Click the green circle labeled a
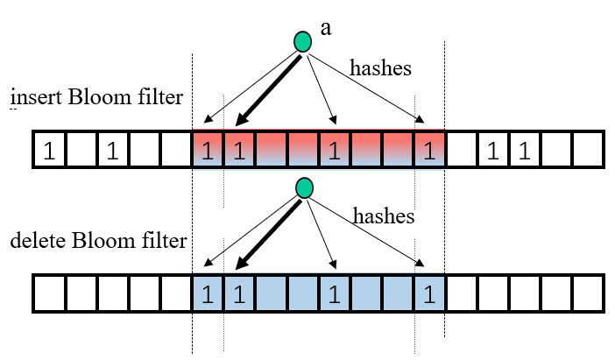(303, 41)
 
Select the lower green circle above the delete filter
(304, 187)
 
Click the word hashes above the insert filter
(381, 67)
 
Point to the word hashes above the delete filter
(384, 215)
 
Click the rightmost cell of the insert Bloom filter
(588, 151)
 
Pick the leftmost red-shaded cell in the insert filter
(208, 151)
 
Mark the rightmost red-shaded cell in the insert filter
(428, 151)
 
